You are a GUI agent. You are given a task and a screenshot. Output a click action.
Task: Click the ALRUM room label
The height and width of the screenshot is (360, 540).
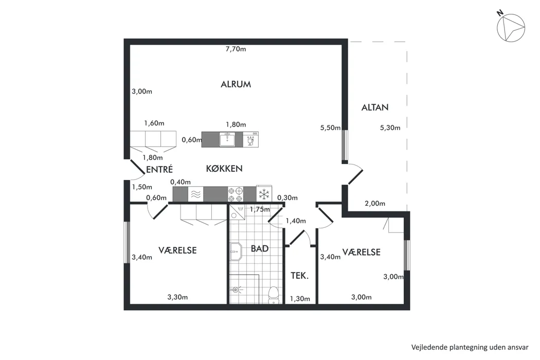(236, 84)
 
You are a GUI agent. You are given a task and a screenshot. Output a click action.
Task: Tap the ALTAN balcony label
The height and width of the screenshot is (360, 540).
(375, 107)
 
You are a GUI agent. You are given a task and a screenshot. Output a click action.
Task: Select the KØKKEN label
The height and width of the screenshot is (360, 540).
(224, 169)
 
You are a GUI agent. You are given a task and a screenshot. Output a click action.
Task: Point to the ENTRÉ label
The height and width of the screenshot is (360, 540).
(159, 169)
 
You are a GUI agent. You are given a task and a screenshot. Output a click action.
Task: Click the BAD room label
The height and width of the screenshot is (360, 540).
(260, 249)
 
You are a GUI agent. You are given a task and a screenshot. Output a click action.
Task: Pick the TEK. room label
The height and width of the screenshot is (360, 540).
(300, 276)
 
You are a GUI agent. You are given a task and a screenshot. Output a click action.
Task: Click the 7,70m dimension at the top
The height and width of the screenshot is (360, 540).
(236, 49)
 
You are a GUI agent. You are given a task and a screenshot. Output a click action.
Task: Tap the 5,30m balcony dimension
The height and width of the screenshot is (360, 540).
(390, 128)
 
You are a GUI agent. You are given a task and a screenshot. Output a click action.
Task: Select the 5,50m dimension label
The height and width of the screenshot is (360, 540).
(331, 128)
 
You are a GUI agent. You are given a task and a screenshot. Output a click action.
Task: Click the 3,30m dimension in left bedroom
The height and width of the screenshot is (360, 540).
(178, 297)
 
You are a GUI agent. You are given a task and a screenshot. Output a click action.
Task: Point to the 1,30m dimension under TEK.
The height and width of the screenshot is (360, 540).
(300, 299)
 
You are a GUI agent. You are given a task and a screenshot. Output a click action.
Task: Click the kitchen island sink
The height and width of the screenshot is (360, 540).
(227, 139)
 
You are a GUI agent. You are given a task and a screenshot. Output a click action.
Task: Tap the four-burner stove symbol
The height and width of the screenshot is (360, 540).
(236, 194)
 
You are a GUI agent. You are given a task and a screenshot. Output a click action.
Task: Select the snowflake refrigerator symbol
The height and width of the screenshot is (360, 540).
(264, 194)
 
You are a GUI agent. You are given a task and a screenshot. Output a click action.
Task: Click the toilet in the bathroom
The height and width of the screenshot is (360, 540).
(274, 295)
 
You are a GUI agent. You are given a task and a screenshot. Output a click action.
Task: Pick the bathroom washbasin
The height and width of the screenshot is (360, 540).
(236, 252)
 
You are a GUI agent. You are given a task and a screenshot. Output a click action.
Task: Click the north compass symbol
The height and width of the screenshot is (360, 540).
(511, 28)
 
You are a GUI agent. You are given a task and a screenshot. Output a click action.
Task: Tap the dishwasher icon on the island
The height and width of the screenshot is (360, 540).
(251, 139)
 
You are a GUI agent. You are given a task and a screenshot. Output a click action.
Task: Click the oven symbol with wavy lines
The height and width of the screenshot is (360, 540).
(195, 194)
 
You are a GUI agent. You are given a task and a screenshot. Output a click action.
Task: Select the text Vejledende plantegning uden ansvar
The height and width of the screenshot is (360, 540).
(470, 347)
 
